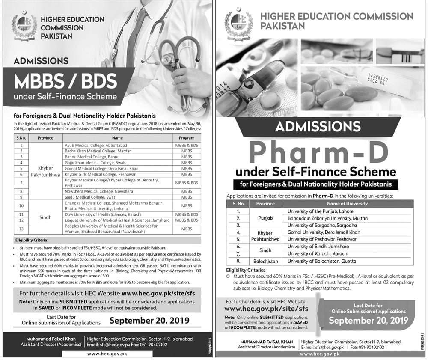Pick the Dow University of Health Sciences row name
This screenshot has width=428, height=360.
(x=102, y=214)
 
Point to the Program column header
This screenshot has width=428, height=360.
(x=187, y=138)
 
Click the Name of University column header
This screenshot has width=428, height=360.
(x=347, y=204)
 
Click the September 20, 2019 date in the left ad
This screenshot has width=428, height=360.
(x=149, y=320)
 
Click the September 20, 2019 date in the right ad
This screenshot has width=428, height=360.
(x=368, y=321)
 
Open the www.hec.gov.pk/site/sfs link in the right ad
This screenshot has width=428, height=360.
(x=266, y=308)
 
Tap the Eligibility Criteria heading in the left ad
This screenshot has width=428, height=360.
(x=31, y=241)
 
